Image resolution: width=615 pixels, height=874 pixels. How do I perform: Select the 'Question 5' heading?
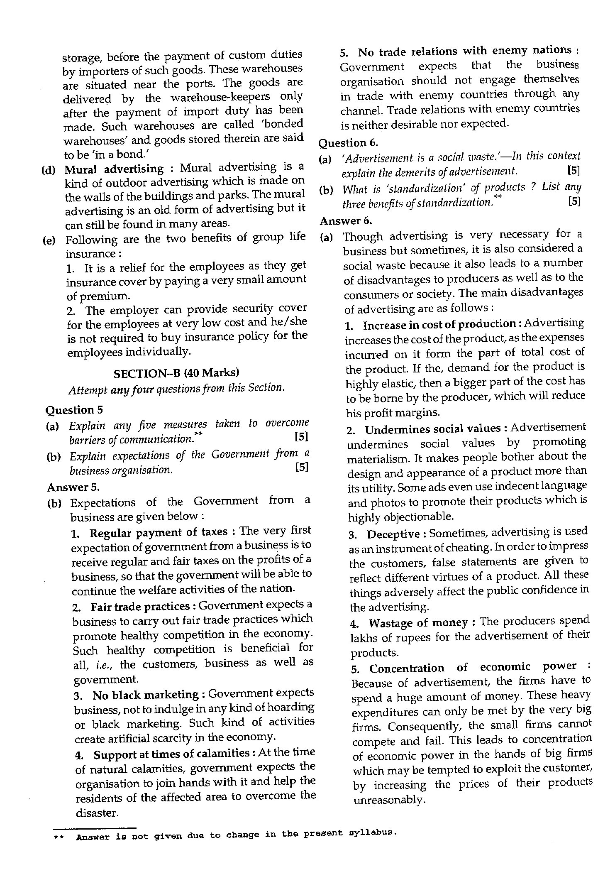74,410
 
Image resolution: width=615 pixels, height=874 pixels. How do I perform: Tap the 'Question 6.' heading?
348,143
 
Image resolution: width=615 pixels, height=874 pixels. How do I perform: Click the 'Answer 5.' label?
73,487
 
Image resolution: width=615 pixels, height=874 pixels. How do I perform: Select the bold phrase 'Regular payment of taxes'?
159,532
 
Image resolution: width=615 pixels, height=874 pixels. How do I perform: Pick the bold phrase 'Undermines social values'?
433,428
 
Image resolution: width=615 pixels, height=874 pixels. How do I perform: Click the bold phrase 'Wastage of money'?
418,623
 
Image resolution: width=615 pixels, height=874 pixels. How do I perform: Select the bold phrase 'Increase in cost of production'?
439,325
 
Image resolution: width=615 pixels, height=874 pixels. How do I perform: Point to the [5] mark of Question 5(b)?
302,468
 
